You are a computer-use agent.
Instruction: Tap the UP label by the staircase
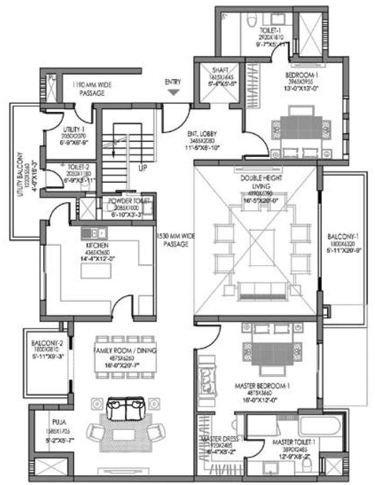[x=143, y=168]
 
